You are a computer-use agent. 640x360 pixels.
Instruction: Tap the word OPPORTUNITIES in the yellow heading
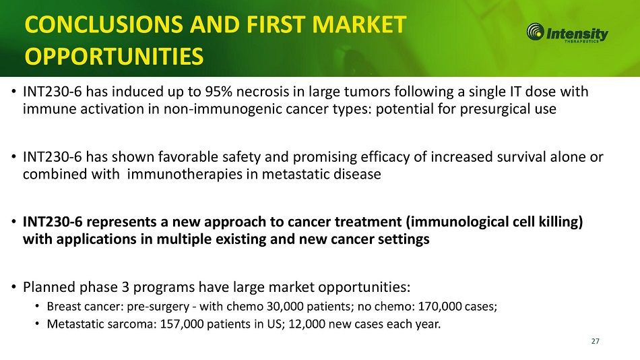click(x=114, y=57)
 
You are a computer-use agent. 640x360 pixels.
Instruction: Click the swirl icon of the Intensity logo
click(x=535, y=32)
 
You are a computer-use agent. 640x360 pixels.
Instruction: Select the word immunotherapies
click(x=186, y=174)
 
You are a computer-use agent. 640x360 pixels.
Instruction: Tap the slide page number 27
click(x=595, y=341)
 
